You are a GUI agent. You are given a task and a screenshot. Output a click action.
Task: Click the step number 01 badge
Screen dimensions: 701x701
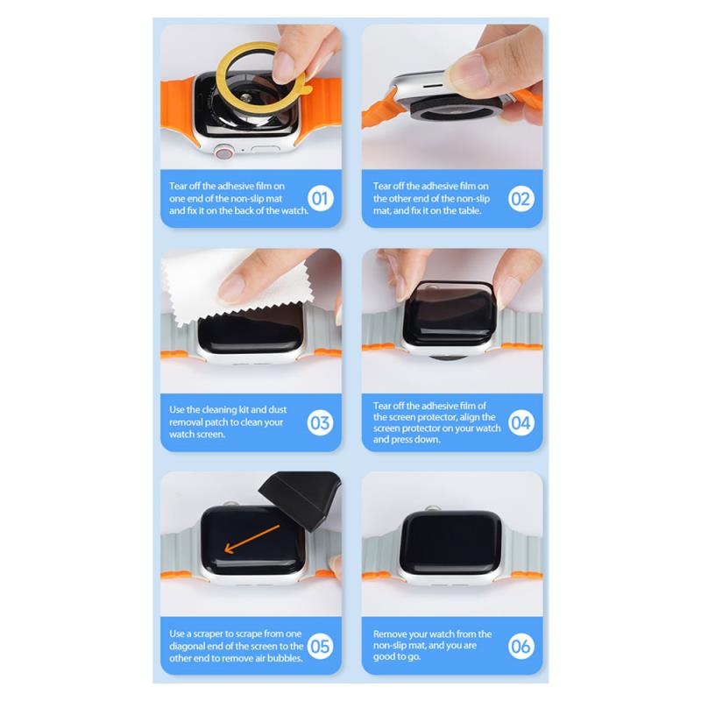(321, 198)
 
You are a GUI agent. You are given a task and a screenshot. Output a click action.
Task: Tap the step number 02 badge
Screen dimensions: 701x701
(521, 199)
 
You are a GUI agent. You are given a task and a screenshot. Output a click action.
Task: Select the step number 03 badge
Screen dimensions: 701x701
(321, 422)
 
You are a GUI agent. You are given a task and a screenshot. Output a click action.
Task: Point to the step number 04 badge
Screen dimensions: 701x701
(521, 422)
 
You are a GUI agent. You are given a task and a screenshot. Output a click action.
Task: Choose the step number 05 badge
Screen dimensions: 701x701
(321, 646)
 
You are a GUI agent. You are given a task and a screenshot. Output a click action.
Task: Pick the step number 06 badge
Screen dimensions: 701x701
(521, 646)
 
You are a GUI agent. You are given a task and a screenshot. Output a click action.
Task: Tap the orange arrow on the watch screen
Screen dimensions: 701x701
(251, 539)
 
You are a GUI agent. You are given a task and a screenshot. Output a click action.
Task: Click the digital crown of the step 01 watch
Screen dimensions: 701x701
(224, 152)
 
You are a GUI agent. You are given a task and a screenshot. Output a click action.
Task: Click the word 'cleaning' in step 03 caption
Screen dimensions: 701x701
(219, 409)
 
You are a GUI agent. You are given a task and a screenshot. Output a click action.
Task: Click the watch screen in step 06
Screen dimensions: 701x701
(451, 542)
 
